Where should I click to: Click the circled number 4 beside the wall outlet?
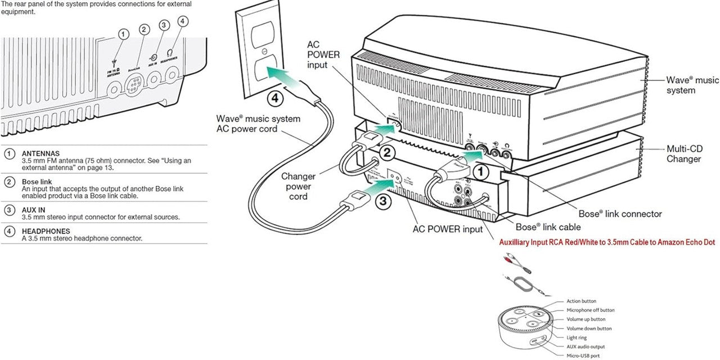point(274,98)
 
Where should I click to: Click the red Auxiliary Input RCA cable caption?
point(607,242)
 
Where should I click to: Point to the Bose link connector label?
point(620,214)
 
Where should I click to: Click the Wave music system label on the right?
point(692,85)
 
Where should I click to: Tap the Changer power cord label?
point(298,186)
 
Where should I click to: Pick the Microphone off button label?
point(590,310)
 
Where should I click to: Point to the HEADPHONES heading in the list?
point(46,231)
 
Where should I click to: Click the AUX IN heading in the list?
point(33,210)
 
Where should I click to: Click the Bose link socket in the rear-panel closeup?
point(137,87)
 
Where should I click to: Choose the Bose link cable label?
point(548,227)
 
